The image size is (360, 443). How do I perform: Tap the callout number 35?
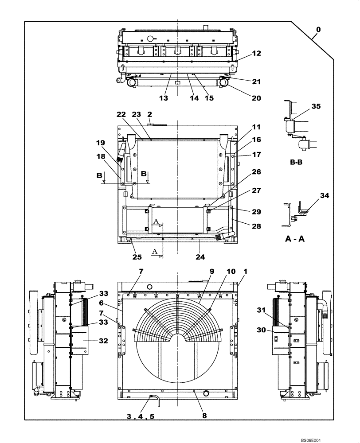(316, 107)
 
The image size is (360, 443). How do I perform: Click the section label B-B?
(297, 163)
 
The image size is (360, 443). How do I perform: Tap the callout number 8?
(204, 416)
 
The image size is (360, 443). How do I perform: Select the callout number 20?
(257, 98)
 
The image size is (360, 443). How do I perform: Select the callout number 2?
(150, 114)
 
